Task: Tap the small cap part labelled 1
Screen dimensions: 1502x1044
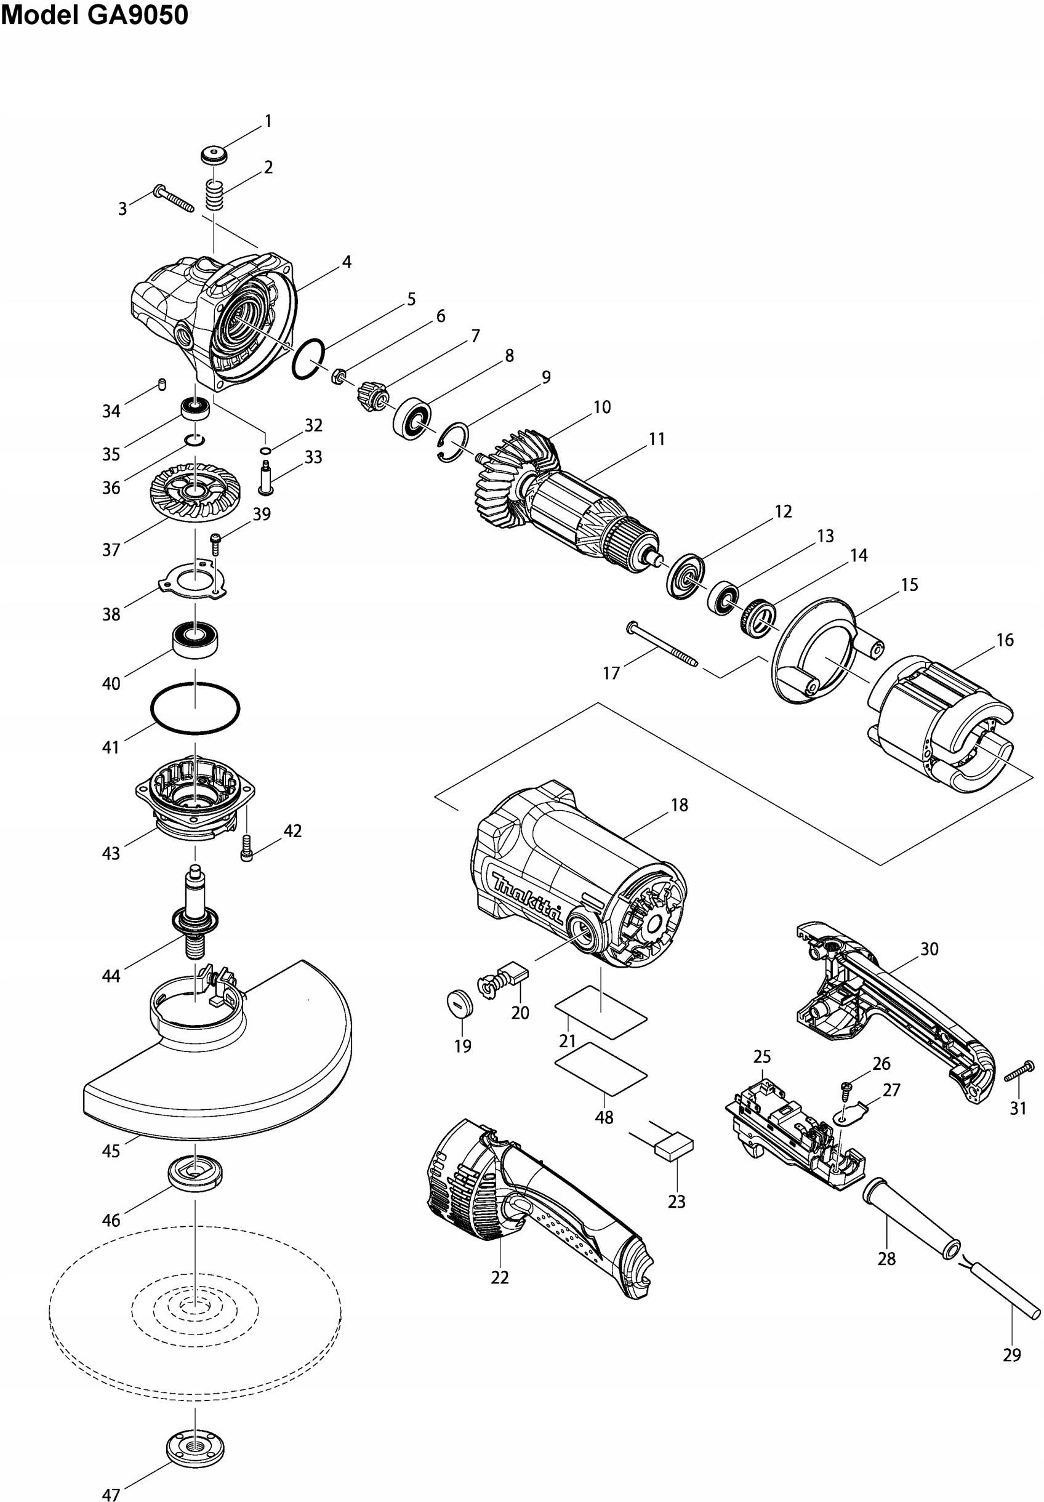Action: [213, 157]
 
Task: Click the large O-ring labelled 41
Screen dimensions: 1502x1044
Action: [195, 707]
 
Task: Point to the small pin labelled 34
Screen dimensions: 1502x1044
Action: [161, 384]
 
